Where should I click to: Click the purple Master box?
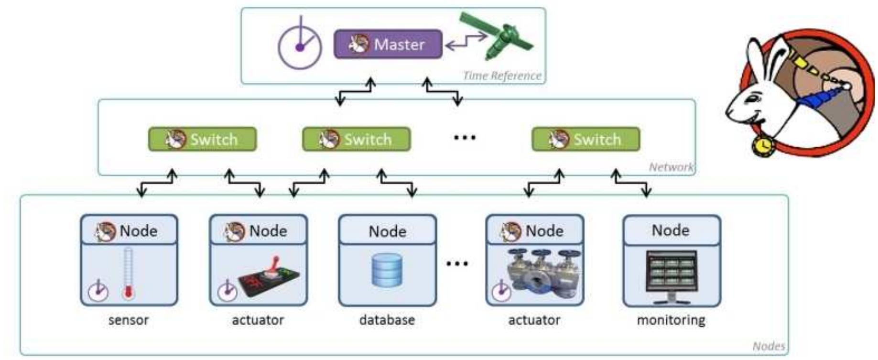(388, 44)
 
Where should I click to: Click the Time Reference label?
(502, 76)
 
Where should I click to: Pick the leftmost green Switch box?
(202, 139)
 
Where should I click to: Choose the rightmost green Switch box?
(585, 139)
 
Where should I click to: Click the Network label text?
(671, 167)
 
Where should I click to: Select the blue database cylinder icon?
(387, 271)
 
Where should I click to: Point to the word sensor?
(128, 320)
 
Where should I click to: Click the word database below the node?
(387, 320)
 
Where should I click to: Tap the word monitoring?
(671, 320)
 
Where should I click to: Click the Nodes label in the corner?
(768, 346)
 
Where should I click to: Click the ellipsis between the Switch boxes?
(464, 138)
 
